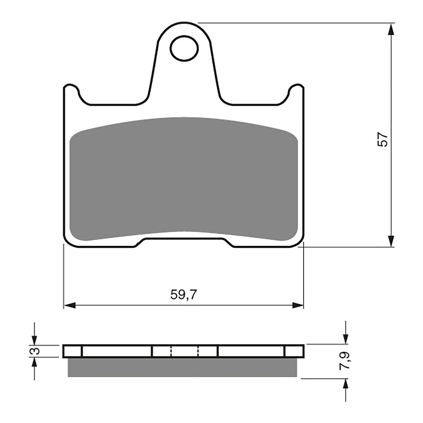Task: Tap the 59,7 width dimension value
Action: [183, 295]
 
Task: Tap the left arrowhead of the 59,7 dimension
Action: [70, 306]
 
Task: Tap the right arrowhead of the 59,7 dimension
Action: [298, 306]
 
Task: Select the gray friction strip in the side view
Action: [182, 367]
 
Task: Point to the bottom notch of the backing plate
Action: [184, 242]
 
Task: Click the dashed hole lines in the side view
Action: [184, 351]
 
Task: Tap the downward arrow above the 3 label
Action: [34, 339]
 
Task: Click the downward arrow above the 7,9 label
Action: [345, 339]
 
